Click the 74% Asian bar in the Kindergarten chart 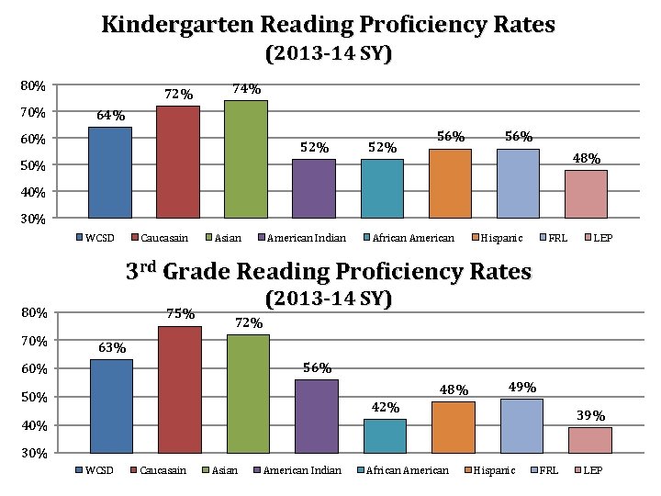pos(245,158)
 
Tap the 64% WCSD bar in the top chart pos(109,172)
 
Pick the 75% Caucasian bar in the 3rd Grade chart pos(179,389)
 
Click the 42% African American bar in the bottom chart pos(385,435)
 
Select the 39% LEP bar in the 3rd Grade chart pos(589,439)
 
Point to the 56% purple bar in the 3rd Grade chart pos(316,415)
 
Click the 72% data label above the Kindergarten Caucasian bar pos(178,95)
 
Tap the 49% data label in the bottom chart pos(521,387)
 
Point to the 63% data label pos(112,348)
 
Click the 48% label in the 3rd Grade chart pos(454,389)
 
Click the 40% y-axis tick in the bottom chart pos(34,426)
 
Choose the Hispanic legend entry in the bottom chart pos(497,470)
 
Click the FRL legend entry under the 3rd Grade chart pos(548,470)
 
